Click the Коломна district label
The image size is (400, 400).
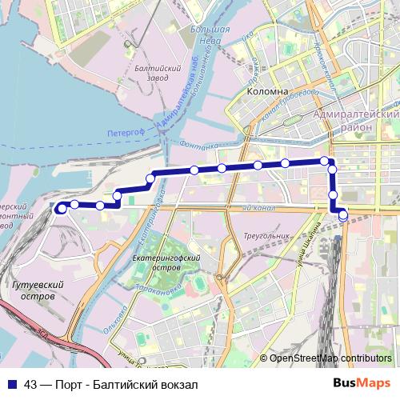[267, 91]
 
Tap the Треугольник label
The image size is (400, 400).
[266, 236]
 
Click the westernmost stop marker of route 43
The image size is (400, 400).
[60, 208]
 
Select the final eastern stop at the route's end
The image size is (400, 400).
[343, 215]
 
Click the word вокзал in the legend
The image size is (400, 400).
[178, 385]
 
